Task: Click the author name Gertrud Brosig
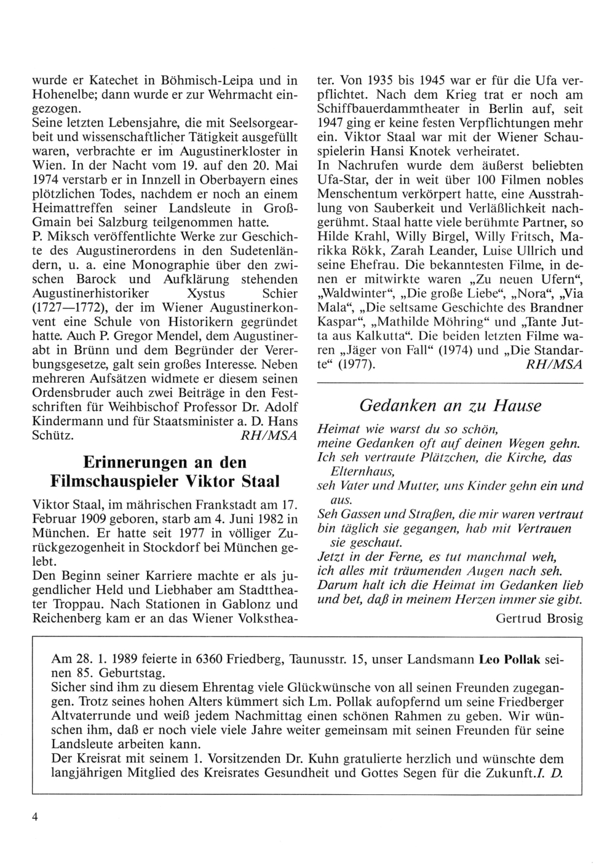click(x=539, y=618)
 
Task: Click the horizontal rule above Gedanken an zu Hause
click(x=449, y=384)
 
